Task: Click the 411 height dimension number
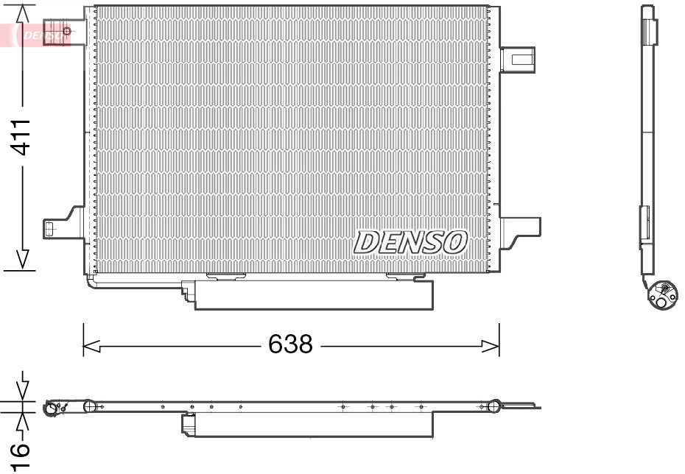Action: click(23, 137)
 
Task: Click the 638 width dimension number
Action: click(290, 344)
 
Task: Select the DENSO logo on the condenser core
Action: click(410, 241)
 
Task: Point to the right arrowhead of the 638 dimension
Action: click(491, 344)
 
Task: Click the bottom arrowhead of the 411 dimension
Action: click(23, 259)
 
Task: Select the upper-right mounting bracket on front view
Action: click(519, 59)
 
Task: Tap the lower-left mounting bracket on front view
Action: click(63, 227)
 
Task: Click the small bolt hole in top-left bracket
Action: click(67, 31)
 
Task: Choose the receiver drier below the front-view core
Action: click(313, 295)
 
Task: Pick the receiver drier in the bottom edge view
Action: click(308, 425)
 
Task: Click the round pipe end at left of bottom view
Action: click(53, 408)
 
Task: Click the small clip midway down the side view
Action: click(644, 222)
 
